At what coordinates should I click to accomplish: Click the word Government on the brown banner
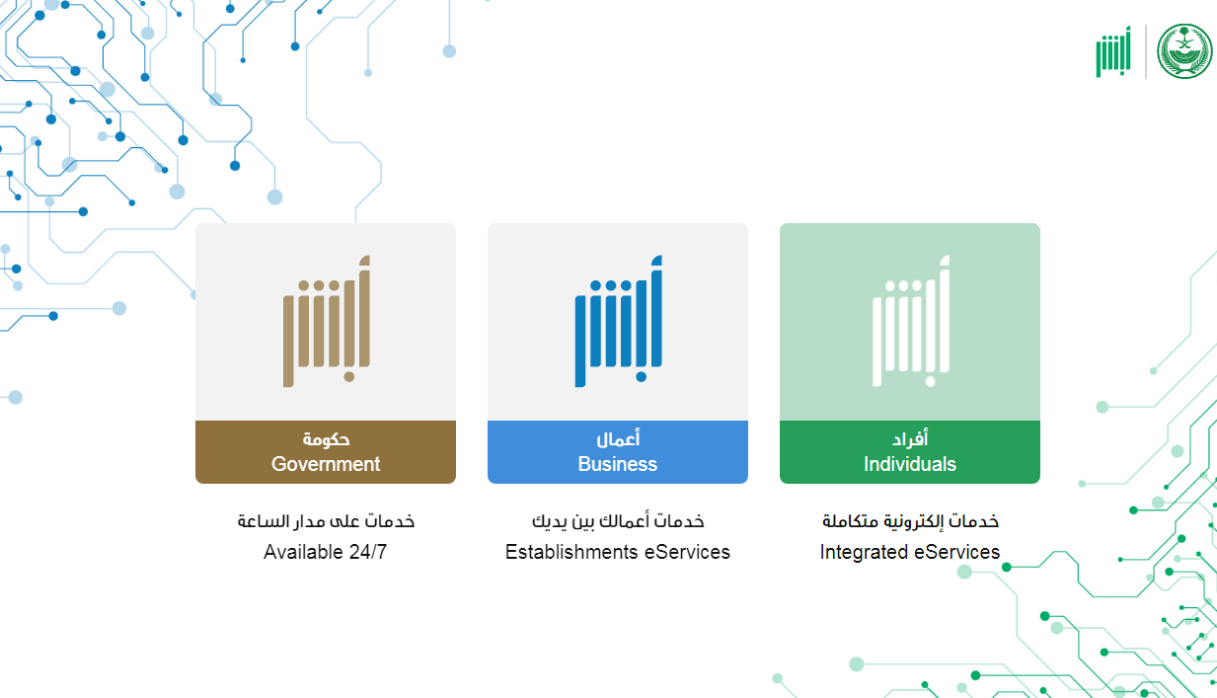point(326,464)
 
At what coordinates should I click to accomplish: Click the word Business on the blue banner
point(618,464)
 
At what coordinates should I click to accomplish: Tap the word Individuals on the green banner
point(910,464)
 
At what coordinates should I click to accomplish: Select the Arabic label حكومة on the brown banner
point(326,438)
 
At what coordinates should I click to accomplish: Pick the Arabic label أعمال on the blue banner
point(618,438)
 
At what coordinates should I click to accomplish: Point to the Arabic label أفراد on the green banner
point(910,438)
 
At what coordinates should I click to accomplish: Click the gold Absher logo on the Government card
point(327,321)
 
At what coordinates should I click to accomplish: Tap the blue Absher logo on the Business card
point(619,321)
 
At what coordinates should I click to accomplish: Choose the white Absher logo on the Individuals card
point(911,321)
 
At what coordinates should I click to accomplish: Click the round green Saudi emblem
point(1184,51)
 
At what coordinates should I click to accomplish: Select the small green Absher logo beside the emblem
point(1113,51)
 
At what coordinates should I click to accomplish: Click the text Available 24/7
point(326,552)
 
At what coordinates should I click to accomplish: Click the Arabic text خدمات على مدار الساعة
point(326,521)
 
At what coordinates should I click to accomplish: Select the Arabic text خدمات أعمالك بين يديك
point(618,521)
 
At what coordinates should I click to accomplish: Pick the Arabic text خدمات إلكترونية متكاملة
point(910,521)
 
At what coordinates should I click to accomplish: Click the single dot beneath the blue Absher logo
point(642,377)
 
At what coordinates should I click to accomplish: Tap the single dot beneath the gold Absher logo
point(349,377)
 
